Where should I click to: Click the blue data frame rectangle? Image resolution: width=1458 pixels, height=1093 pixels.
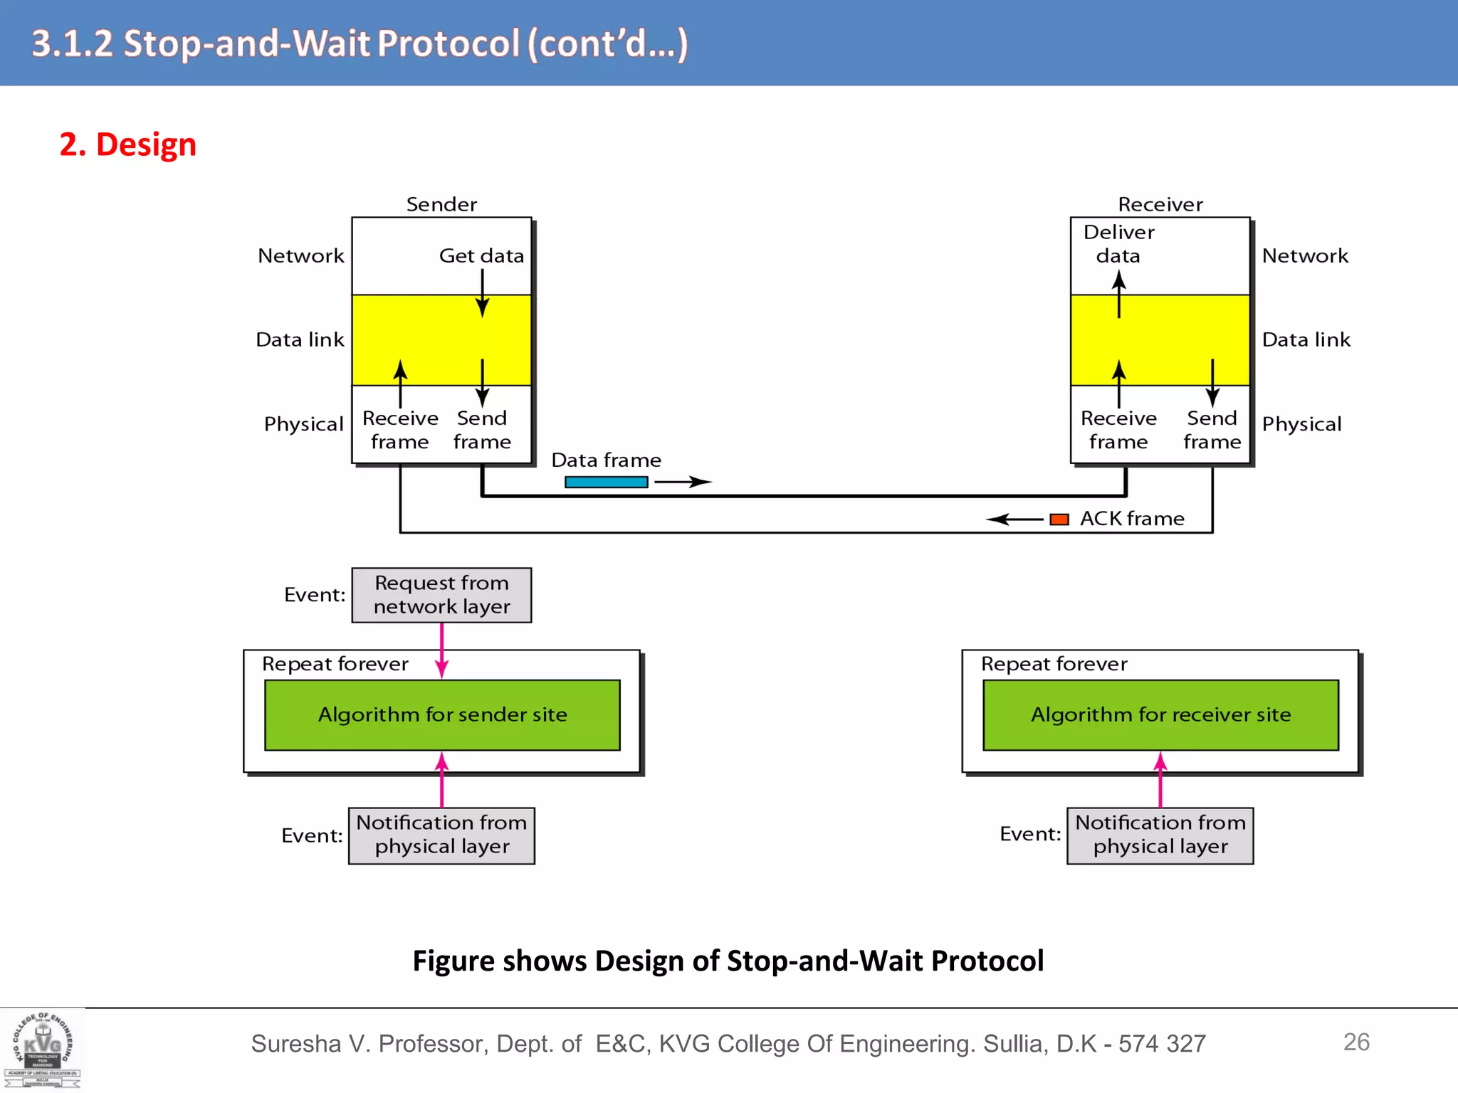tap(606, 482)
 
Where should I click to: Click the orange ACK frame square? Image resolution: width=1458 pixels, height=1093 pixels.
tap(1059, 519)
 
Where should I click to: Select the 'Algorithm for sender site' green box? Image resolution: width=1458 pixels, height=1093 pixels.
tap(442, 714)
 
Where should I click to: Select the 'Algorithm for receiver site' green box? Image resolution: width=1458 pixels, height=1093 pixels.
tap(1160, 714)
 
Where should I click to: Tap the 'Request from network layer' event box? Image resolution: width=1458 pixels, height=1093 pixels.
tap(441, 595)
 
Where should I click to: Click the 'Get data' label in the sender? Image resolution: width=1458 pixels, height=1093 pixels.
tap(481, 255)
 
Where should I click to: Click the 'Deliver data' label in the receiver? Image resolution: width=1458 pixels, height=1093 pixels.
tap(1118, 243)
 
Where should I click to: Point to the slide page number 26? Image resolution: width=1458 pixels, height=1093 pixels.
tap(1355, 1042)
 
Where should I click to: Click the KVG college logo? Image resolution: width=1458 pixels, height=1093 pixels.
tap(43, 1050)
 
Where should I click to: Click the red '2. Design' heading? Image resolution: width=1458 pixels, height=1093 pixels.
tap(127, 144)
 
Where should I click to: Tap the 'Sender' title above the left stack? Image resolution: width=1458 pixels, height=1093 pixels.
tap(441, 205)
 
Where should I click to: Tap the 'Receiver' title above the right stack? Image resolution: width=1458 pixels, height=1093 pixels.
tap(1160, 205)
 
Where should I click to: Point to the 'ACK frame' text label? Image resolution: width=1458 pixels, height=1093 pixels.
tap(1132, 519)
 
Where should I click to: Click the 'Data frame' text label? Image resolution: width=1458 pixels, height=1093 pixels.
tap(606, 460)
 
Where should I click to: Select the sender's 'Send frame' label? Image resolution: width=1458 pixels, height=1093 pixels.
tap(482, 430)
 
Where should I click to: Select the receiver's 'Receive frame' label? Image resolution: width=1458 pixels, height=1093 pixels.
tap(1118, 430)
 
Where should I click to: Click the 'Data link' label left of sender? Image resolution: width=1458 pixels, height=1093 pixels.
tap(300, 340)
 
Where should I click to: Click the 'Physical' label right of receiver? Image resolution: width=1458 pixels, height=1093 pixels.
tap(1301, 424)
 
